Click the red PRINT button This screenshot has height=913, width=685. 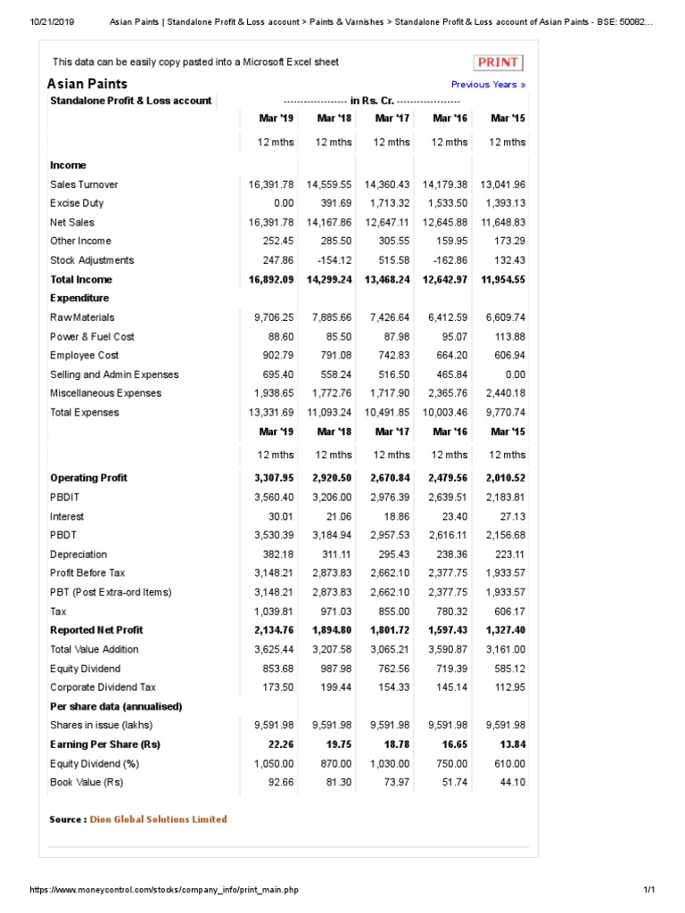(x=498, y=62)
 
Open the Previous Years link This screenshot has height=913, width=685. (x=488, y=85)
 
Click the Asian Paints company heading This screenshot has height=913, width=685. (x=87, y=84)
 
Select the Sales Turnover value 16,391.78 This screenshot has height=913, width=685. (x=271, y=185)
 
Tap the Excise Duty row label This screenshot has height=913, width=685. (x=77, y=203)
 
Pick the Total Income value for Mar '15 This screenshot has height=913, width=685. (x=503, y=279)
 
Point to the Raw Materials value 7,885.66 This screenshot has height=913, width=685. (x=329, y=317)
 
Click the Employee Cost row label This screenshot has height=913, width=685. (x=84, y=356)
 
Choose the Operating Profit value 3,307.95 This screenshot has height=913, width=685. (x=271, y=478)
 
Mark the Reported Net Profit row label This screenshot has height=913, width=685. (x=96, y=630)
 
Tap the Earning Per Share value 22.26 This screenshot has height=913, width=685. (x=279, y=744)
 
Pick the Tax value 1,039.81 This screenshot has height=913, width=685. (x=274, y=612)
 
